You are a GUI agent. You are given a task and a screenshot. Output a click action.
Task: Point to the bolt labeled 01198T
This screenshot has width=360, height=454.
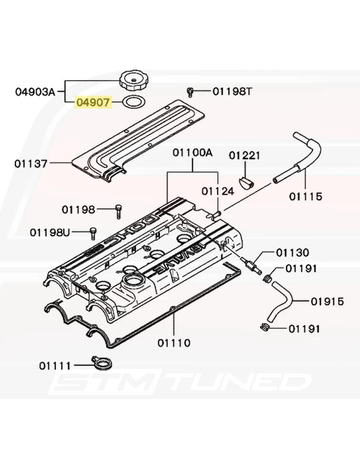(191, 91)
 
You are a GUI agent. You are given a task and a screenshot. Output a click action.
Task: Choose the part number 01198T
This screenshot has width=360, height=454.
(232, 91)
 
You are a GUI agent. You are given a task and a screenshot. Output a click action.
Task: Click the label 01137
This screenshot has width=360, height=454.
(31, 163)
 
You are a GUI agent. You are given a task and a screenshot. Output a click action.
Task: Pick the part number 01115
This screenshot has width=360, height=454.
(306, 196)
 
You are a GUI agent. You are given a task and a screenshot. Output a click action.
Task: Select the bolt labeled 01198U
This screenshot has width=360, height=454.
(93, 233)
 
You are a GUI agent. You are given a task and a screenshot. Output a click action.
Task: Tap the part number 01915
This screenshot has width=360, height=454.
(327, 302)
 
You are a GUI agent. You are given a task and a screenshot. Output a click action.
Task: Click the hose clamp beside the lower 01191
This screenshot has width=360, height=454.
(264, 328)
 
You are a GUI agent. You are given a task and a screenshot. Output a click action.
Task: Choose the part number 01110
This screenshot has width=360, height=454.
(174, 343)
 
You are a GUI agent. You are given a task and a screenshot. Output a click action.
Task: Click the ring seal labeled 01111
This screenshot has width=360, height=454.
(100, 363)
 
